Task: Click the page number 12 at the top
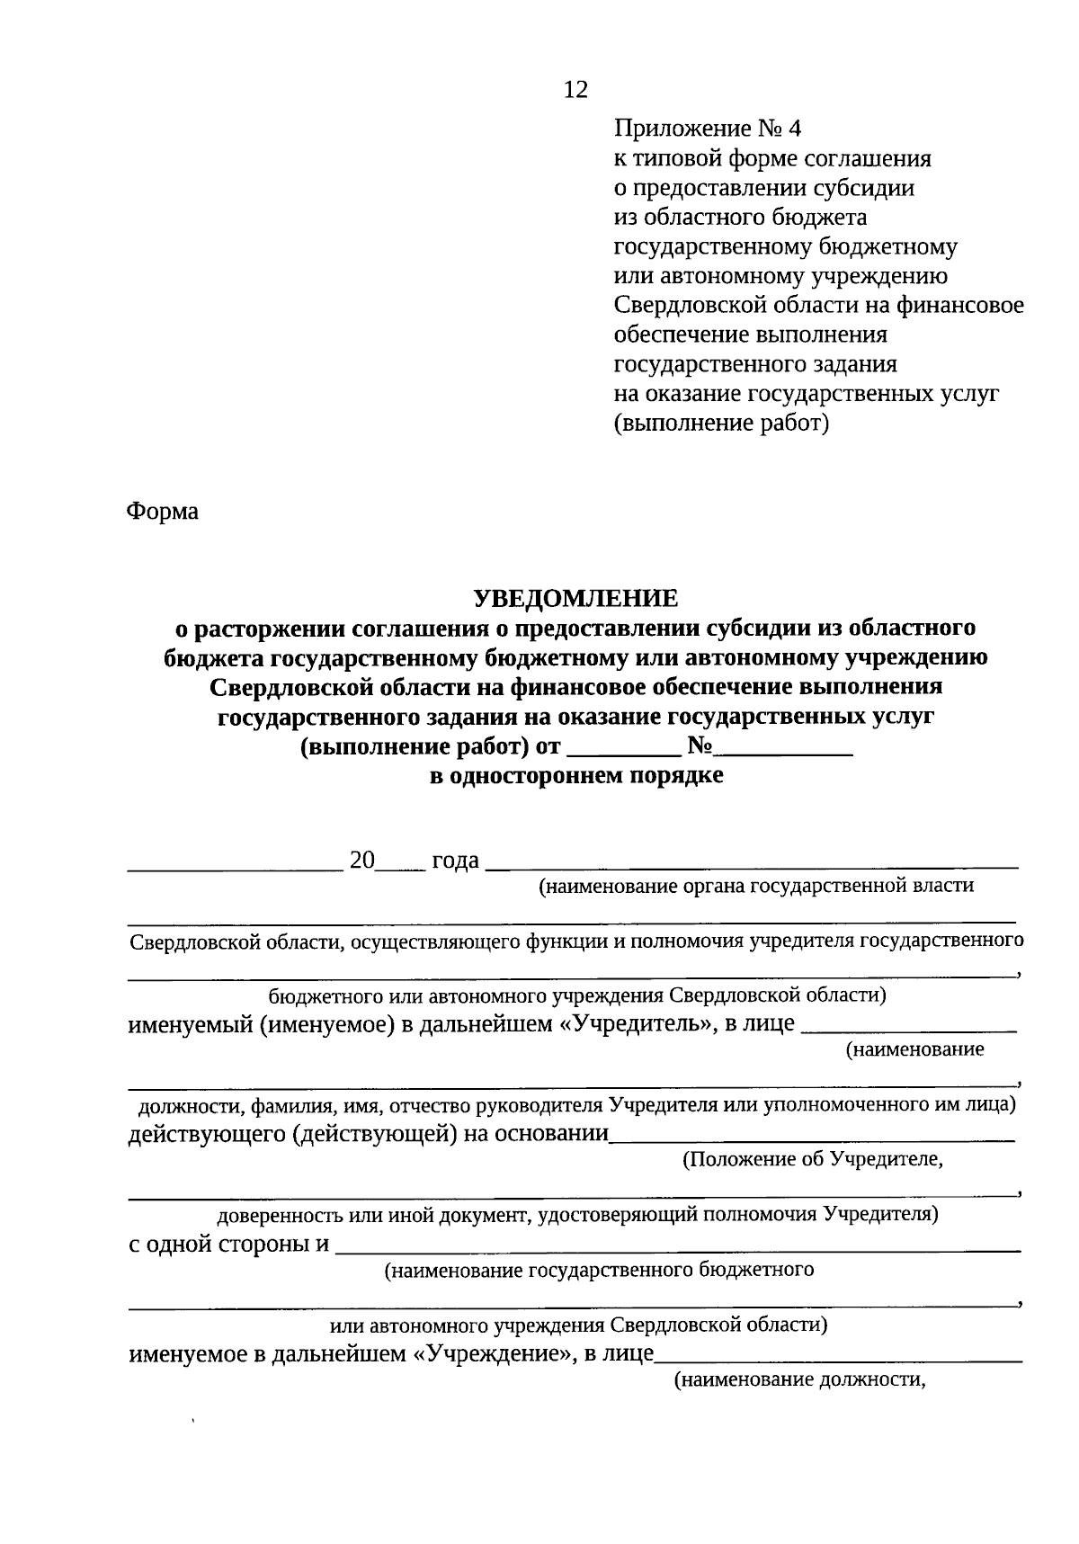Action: pos(575,90)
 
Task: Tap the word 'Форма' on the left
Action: pos(162,512)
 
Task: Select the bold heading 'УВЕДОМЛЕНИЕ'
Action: pos(576,598)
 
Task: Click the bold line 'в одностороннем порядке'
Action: pos(576,776)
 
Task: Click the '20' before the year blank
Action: pos(361,861)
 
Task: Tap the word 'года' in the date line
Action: pos(455,861)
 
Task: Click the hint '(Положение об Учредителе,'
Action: pos(813,1160)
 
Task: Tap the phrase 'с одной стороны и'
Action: pos(228,1245)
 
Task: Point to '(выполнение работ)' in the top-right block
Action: pos(721,423)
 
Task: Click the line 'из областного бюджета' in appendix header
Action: pos(740,218)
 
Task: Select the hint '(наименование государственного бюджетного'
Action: pos(599,1271)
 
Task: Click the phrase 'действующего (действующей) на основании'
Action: pos(369,1134)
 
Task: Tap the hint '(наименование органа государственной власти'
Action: pos(755,887)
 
